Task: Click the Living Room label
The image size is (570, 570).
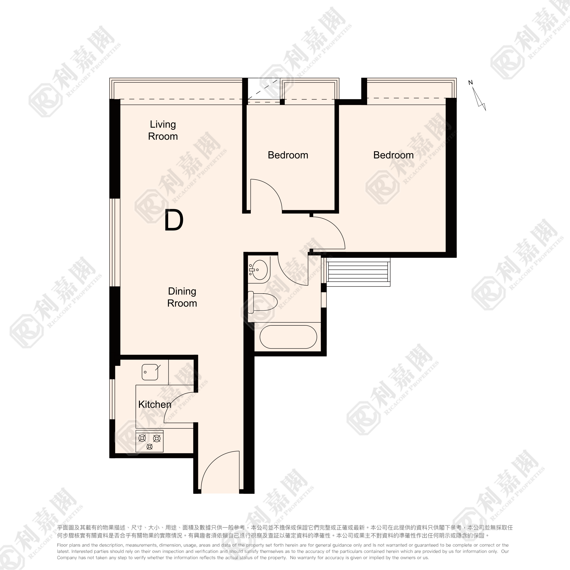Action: tap(163, 130)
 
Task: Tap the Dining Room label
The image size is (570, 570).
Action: tap(182, 297)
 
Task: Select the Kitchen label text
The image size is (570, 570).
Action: tap(155, 404)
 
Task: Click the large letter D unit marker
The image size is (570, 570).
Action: tap(174, 220)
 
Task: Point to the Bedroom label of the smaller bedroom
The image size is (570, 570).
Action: tap(288, 155)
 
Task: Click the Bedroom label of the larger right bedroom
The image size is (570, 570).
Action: tap(393, 155)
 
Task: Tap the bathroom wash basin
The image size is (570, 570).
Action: tap(259, 270)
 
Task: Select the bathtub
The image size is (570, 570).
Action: tap(288, 337)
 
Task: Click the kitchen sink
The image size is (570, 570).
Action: tap(150, 372)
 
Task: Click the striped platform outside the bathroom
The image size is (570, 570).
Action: tap(358, 272)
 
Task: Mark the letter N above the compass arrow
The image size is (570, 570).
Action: tap(471, 83)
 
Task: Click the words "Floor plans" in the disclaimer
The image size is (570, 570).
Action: tap(68, 545)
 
